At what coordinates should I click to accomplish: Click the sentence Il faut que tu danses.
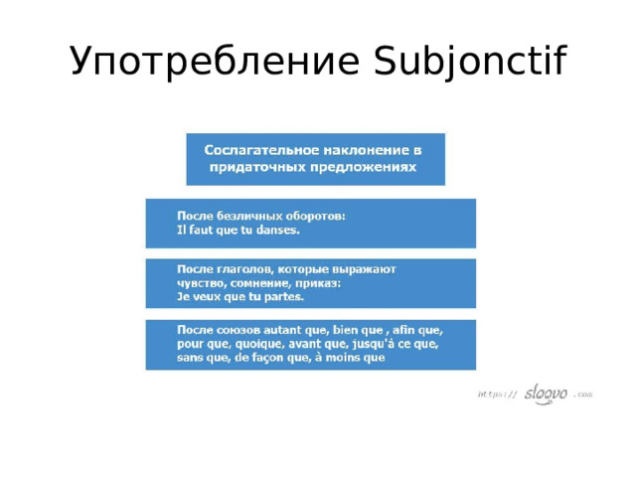[238, 230]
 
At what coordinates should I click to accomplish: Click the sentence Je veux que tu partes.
[240, 296]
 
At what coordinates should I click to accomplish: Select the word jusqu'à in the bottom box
[365, 344]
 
